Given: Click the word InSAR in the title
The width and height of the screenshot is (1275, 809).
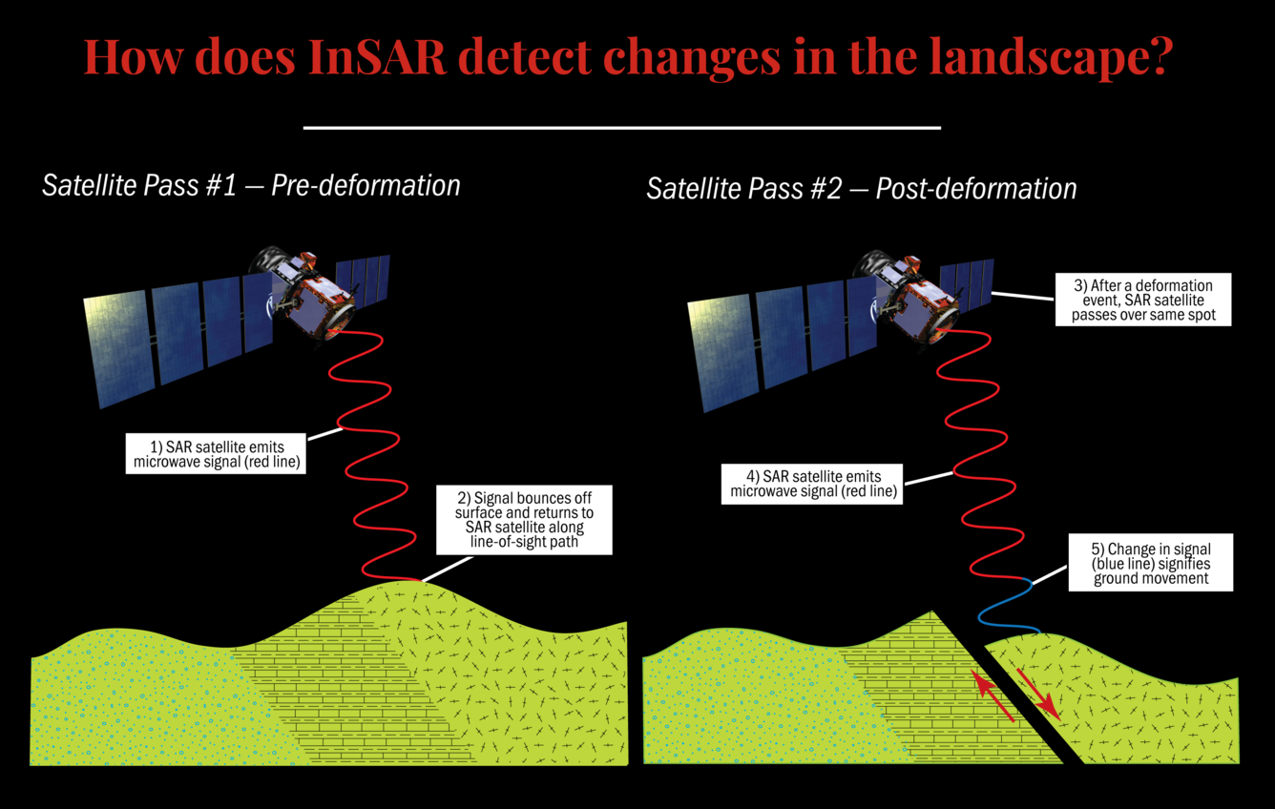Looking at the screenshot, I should click(x=379, y=57).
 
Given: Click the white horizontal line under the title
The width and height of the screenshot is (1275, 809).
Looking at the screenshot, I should click(x=621, y=127).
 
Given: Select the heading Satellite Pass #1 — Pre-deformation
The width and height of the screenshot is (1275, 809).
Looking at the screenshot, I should click(x=251, y=185).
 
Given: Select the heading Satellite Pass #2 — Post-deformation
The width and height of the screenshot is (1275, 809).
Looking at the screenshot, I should click(x=861, y=189).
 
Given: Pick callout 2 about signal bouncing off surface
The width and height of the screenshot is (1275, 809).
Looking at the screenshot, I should click(x=524, y=519).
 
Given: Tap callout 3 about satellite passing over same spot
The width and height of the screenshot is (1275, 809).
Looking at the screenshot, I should click(x=1143, y=300).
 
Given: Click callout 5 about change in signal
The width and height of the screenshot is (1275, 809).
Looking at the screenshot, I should click(x=1150, y=563).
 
